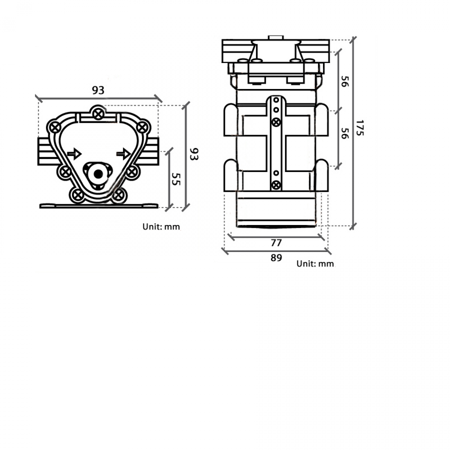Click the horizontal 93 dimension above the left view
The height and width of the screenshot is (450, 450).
(x=98, y=90)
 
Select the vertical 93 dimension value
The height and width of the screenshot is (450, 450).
(x=194, y=154)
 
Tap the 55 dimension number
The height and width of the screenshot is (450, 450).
(x=176, y=179)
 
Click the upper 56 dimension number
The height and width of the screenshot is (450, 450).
(x=344, y=81)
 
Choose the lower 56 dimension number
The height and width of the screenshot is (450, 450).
(x=344, y=133)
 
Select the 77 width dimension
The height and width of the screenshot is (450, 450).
(x=276, y=243)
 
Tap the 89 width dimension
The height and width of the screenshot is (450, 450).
(x=276, y=258)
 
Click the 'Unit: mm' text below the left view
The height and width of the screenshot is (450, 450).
(x=161, y=227)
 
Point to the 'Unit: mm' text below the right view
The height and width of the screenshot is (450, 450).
(x=315, y=264)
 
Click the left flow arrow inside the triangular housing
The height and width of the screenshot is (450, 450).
(x=75, y=154)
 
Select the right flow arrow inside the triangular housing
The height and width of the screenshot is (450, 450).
(x=123, y=154)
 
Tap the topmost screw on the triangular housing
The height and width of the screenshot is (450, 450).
(x=98, y=113)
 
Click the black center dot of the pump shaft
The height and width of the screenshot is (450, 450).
(x=98, y=174)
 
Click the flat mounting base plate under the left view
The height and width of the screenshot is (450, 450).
(x=99, y=206)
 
